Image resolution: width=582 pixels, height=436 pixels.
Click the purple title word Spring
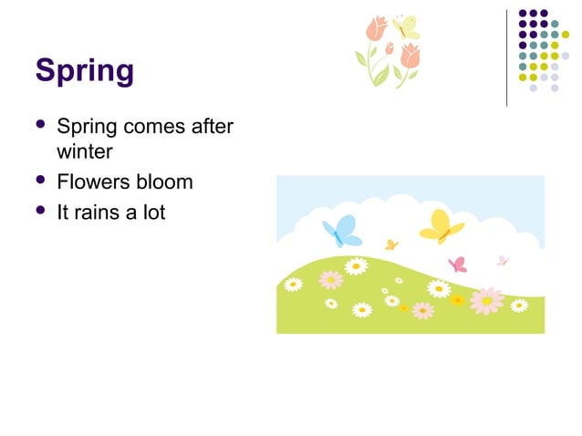(84, 70)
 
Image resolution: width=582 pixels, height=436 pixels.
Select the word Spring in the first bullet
(86, 127)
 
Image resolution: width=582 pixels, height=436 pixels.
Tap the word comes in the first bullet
(157, 127)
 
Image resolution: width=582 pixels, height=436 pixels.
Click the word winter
(84, 151)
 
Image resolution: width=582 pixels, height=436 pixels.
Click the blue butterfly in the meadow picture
(342, 231)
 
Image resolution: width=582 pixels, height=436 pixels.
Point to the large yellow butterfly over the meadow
(441, 226)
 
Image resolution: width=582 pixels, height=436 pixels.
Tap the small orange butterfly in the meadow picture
(391, 244)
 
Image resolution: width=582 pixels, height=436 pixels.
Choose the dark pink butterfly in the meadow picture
(458, 265)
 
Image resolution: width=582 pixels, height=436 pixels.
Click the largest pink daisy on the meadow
(487, 299)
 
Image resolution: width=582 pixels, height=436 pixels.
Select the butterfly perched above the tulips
(404, 26)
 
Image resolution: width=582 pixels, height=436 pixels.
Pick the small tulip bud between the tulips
(390, 48)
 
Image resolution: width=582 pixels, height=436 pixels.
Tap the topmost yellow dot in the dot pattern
(565, 35)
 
